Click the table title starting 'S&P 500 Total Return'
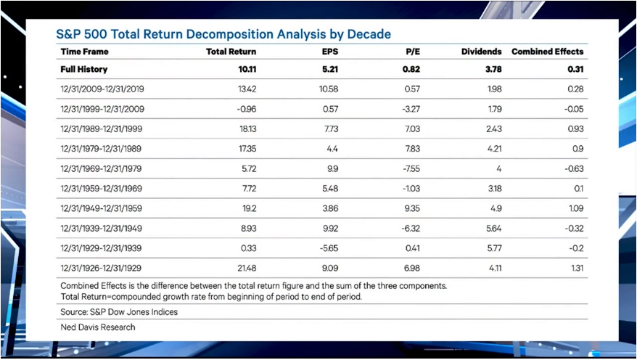(223, 34)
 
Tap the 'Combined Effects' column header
(547, 52)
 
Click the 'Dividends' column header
(481, 52)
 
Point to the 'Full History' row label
(84, 70)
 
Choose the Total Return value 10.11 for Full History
(244, 70)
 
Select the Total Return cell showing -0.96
(245, 110)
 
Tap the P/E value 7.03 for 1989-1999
(412, 129)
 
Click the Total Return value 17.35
(245, 150)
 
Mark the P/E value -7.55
(411, 169)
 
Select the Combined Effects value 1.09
(575, 209)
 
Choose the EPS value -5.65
(329, 247)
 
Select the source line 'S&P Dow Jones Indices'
(119, 311)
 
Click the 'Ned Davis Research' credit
(98, 327)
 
